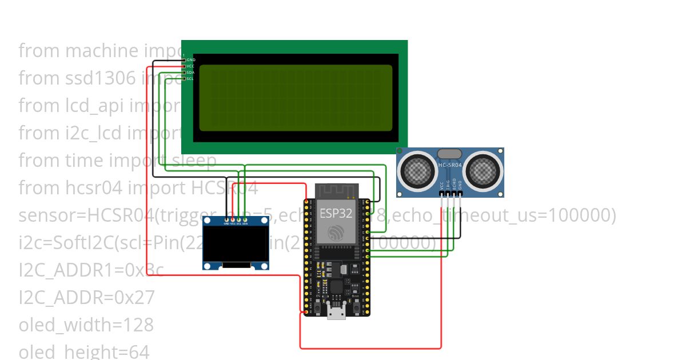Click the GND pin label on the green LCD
pyautogui.click(x=190, y=59)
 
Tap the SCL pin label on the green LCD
pyautogui.click(x=190, y=78)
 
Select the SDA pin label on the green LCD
pyautogui.click(x=190, y=73)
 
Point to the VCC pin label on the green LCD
pyautogui.click(x=190, y=66)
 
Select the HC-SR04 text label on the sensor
pyautogui.click(x=450, y=165)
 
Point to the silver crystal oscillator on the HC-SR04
pyautogui.click(x=450, y=154)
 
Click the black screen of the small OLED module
pyautogui.click(x=236, y=244)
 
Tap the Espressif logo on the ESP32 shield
pyautogui.click(x=334, y=232)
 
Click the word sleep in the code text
pyautogui.click(x=198, y=161)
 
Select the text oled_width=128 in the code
pyautogui.click(x=86, y=325)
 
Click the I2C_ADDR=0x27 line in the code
pyautogui.click(x=86, y=297)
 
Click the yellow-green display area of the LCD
pyautogui.click(x=296, y=98)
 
